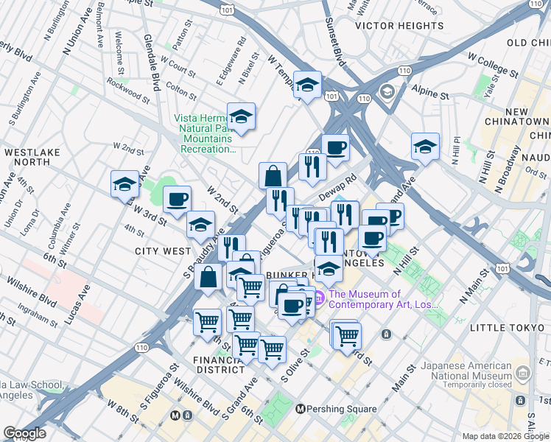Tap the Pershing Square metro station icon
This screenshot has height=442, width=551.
tap(301, 409)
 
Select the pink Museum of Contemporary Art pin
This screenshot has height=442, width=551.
tap(319, 298)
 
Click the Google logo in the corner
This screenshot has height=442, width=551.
tap(24, 433)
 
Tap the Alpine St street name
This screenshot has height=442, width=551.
tap(431, 95)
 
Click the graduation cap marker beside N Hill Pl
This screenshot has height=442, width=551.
tap(425, 147)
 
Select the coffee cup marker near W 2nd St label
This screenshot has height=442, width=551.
tap(177, 200)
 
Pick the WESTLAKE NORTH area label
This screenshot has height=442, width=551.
tap(27, 157)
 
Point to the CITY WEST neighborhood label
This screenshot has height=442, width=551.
tap(164, 251)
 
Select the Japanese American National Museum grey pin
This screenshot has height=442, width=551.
tap(523, 371)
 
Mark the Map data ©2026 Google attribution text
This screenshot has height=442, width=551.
tap(505, 435)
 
